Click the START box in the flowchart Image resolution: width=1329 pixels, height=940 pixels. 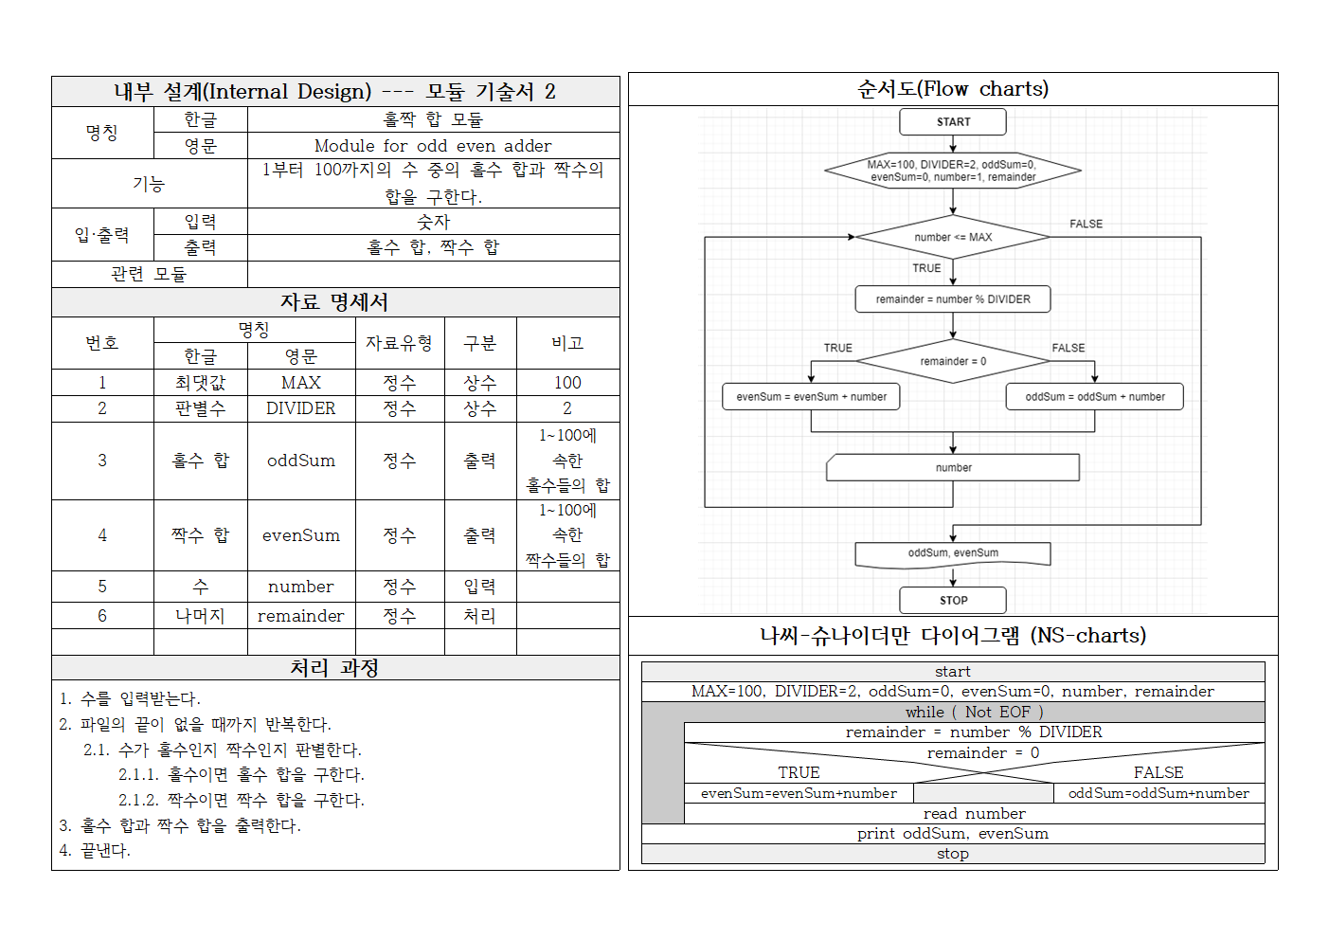pos(953,122)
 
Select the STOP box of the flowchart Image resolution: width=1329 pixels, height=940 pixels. pos(953,600)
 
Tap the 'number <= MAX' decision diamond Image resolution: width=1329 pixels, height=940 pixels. pos(953,237)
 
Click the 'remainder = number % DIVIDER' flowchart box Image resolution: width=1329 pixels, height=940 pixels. pos(953,299)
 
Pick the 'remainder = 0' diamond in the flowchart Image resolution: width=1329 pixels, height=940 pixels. pos(953,361)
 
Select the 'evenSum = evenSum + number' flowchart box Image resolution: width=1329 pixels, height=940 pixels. pos(811,397)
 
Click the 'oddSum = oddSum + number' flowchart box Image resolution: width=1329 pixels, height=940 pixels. pos(1094,397)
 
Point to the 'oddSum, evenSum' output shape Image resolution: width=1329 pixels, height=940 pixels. pos(953,553)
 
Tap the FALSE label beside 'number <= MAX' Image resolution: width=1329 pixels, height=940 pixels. pos(1086,225)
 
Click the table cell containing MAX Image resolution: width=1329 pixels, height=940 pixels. pos(301,383)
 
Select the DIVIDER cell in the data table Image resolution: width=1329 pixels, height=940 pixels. pos(301,408)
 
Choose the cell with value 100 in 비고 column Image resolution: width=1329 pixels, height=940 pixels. pos(567,383)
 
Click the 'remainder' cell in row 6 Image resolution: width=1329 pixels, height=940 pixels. pos(301,616)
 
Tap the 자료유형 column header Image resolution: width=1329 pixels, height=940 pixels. pos(400,343)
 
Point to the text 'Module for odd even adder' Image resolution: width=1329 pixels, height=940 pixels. pos(433,146)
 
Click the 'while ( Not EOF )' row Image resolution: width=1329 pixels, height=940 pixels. pos(974,712)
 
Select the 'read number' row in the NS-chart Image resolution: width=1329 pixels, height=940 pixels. pos(974,814)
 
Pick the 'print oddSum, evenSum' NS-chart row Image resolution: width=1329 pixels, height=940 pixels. pos(953,834)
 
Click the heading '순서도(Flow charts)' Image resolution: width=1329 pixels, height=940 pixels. pos(953,89)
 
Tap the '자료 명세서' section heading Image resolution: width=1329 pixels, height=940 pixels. pos(335,302)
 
